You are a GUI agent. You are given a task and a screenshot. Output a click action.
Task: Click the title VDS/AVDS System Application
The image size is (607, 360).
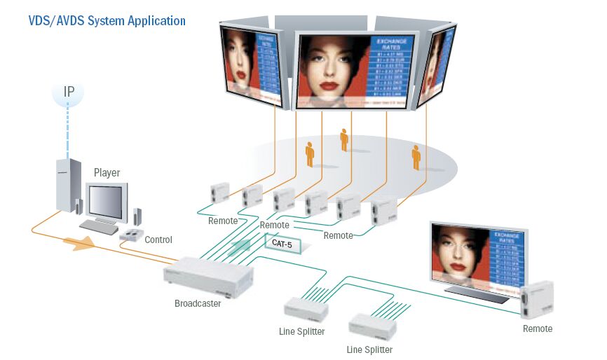[107, 20]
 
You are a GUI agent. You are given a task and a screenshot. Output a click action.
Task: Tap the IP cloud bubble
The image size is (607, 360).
[69, 91]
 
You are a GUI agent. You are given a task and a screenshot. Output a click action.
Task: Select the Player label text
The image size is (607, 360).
[107, 172]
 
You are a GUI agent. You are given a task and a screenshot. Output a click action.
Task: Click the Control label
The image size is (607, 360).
[158, 240]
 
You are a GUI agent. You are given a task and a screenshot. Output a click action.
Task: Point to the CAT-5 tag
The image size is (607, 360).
[282, 244]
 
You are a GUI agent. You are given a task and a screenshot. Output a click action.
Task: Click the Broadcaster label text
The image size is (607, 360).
[198, 303]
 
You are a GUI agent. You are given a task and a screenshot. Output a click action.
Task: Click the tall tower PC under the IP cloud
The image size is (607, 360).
[67, 184]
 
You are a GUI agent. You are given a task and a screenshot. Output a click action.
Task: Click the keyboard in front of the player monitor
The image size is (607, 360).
[98, 227]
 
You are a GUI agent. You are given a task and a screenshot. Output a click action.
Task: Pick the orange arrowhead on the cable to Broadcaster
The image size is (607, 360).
[81, 243]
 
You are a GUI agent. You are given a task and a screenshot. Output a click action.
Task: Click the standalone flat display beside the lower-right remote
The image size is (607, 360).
[478, 256]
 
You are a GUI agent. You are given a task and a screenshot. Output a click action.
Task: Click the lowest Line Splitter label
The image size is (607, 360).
[369, 349]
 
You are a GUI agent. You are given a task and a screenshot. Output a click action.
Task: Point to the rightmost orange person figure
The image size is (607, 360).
[416, 157]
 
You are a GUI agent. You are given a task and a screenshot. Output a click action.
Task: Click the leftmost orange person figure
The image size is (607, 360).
[310, 154]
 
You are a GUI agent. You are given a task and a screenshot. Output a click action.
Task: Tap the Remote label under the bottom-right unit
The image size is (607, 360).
[538, 328]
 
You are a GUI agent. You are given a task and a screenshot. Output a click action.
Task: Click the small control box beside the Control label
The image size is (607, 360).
[130, 235]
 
